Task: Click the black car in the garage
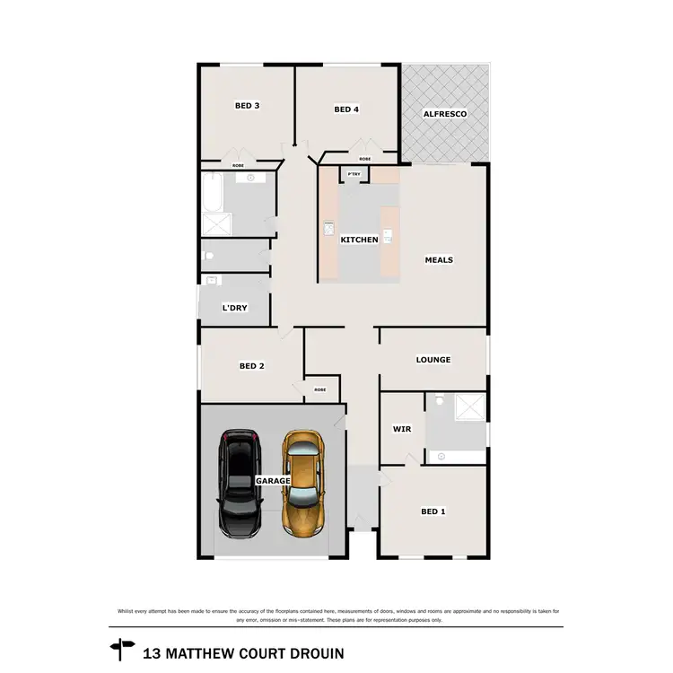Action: click(240, 485)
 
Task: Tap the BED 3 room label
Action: click(247, 106)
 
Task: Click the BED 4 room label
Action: click(346, 109)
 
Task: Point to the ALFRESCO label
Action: click(446, 115)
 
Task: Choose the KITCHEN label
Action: click(359, 240)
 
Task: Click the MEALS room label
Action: click(439, 260)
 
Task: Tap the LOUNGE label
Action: click(433, 360)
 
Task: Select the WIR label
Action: click(401, 429)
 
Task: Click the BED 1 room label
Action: click(433, 511)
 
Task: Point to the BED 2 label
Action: click(251, 365)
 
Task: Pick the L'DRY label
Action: click(234, 308)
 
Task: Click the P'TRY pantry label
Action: click(354, 173)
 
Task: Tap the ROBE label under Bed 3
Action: click(238, 165)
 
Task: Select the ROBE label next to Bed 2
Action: click(320, 389)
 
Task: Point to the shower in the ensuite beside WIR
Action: click(468, 408)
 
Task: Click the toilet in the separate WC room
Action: click(208, 256)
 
